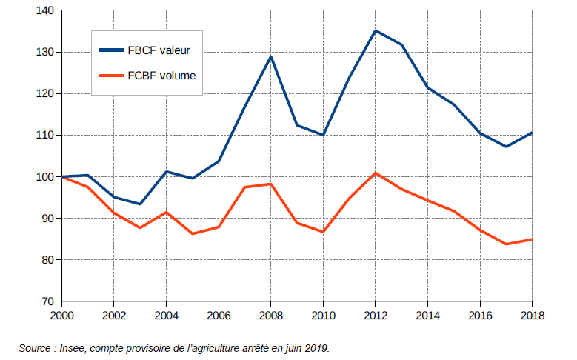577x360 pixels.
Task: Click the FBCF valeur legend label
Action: pos(159,50)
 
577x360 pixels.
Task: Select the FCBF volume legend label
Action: pos(161,75)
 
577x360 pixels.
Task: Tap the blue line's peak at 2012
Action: pos(376,30)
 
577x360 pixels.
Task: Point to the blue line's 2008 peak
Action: pos(271,56)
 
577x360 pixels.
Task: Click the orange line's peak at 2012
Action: pos(376,173)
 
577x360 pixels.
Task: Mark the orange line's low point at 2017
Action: pos(506,244)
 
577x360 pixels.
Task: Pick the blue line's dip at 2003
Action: pos(140,204)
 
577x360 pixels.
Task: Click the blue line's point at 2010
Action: pos(323,136)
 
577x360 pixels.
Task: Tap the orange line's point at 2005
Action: pos(193,234)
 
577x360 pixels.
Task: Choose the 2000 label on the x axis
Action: pos(61,315)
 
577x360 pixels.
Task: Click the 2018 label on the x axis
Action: pos(532,315)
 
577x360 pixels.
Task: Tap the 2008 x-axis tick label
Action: pos(270,315)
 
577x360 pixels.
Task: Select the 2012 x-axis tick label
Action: pos(375,315)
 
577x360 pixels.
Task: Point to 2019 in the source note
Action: pos(314,347)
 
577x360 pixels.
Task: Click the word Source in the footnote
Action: pos(35,347)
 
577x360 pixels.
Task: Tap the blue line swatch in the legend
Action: pos(112,50)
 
